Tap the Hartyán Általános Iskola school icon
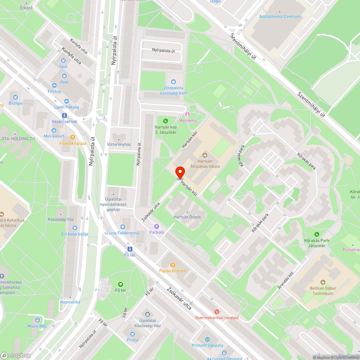pos(205,155)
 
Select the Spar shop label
pos(63,67)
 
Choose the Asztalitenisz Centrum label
pos(280,17)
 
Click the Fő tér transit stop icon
pos(130,249)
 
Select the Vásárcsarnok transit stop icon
pos(64,116)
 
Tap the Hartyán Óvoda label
pos(187,217)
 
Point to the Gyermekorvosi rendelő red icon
pos(217,311)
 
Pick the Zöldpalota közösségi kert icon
pos(174,82)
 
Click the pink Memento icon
pos(187,114)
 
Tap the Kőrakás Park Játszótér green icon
pos(316,234)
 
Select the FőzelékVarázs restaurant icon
pos(73,137)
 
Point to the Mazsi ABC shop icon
pos(37,320)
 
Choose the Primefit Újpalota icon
pos(207,339)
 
